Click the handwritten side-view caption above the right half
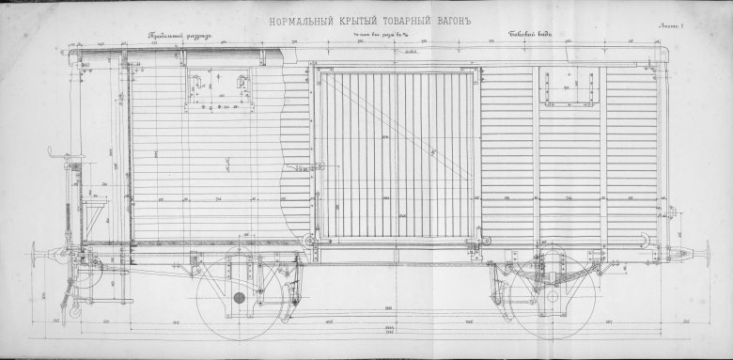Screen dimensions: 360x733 530,36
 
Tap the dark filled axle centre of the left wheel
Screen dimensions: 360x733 240,297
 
